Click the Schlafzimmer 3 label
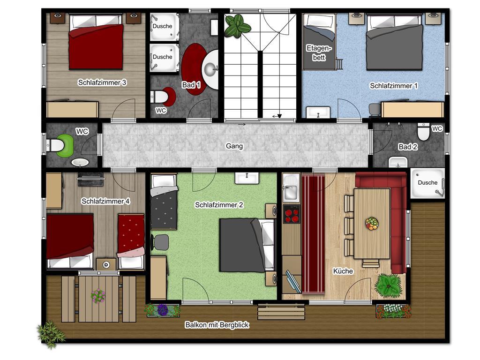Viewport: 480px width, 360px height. pyautogui.click(x=102, y=82)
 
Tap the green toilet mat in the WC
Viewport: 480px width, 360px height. pyautogui.click(x=66, y=145)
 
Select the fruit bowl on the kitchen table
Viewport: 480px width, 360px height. pyautogui.click(x=372, y=223)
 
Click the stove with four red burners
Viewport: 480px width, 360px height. pyautogui.click(x=291, y=214)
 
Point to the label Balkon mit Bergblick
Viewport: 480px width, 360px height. pyautogui.click(x=217, y=325)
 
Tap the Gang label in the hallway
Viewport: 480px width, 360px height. pyautogui.click(x=234, y=146)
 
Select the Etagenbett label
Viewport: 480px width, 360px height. pyautogui.click(x=319, y=52)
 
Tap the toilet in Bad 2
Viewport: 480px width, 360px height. pyautogui.click(x=423, y=132)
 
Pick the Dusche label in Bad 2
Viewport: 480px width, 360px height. pyautogui.click(x=427, y=182)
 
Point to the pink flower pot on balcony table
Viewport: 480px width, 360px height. pyautogui.click(x=98, y=296)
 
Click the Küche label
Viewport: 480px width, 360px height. pyautogui.click(x=343, y=271)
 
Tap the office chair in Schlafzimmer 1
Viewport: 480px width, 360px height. pyautogui.click(x=375, y=110)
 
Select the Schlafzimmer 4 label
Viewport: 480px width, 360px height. pyautogui.click(x=105, y=201)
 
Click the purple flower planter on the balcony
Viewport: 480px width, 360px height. pyautogui.click(x=162, y=310)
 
